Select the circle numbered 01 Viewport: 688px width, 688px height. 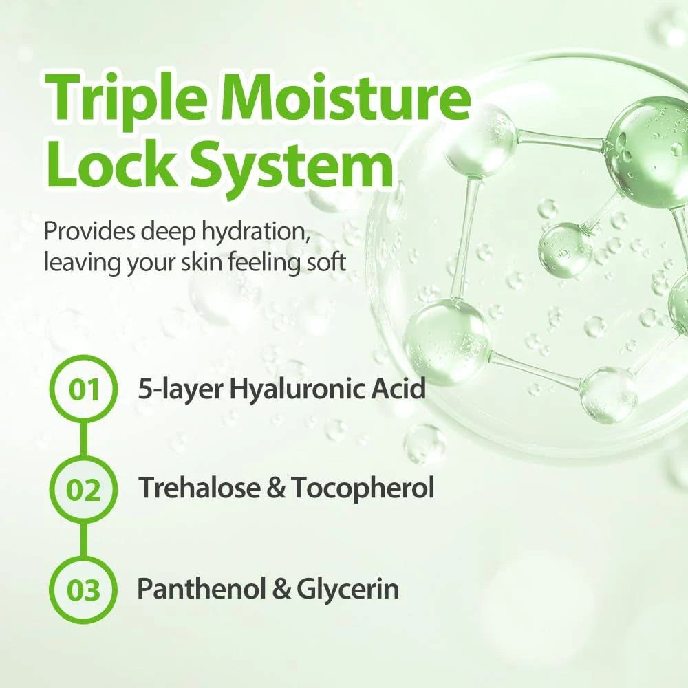pos(83,389)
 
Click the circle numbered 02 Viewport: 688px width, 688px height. pos(83,490)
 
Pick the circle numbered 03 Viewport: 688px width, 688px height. pos(83,590)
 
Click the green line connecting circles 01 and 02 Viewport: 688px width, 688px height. pos(84,440)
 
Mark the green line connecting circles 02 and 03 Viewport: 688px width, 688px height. pos(84,540)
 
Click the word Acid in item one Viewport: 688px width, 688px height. pos(402,389)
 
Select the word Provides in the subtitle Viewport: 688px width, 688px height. pos(89,232)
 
